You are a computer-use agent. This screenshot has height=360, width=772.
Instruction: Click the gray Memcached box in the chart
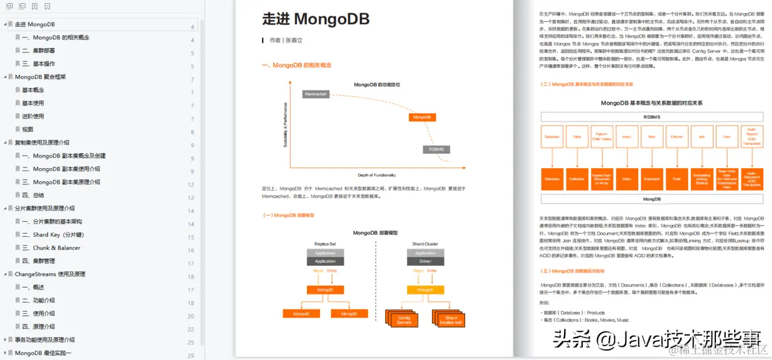316,94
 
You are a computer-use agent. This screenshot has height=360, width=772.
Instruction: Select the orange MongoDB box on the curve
422,117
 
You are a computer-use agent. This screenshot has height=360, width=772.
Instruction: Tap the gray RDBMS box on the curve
436,149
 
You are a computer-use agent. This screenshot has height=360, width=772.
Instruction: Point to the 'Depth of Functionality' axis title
377,175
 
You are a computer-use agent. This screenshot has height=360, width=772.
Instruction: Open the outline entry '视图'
27,130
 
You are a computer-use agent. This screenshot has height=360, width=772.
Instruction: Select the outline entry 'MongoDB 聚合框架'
40,77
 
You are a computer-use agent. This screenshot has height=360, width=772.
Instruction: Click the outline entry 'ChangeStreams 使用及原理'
50,274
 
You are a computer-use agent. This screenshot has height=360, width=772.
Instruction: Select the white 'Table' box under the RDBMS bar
577,136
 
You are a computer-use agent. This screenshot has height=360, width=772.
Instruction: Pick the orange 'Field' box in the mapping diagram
676,179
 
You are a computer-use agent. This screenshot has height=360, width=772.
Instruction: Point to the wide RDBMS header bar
651,116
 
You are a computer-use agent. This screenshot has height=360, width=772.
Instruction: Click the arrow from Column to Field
676,158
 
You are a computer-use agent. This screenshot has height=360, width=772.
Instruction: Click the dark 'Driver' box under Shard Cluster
425,262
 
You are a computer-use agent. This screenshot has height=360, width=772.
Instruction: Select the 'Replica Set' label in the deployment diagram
325,244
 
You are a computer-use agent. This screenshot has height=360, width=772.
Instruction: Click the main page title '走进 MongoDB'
316,20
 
